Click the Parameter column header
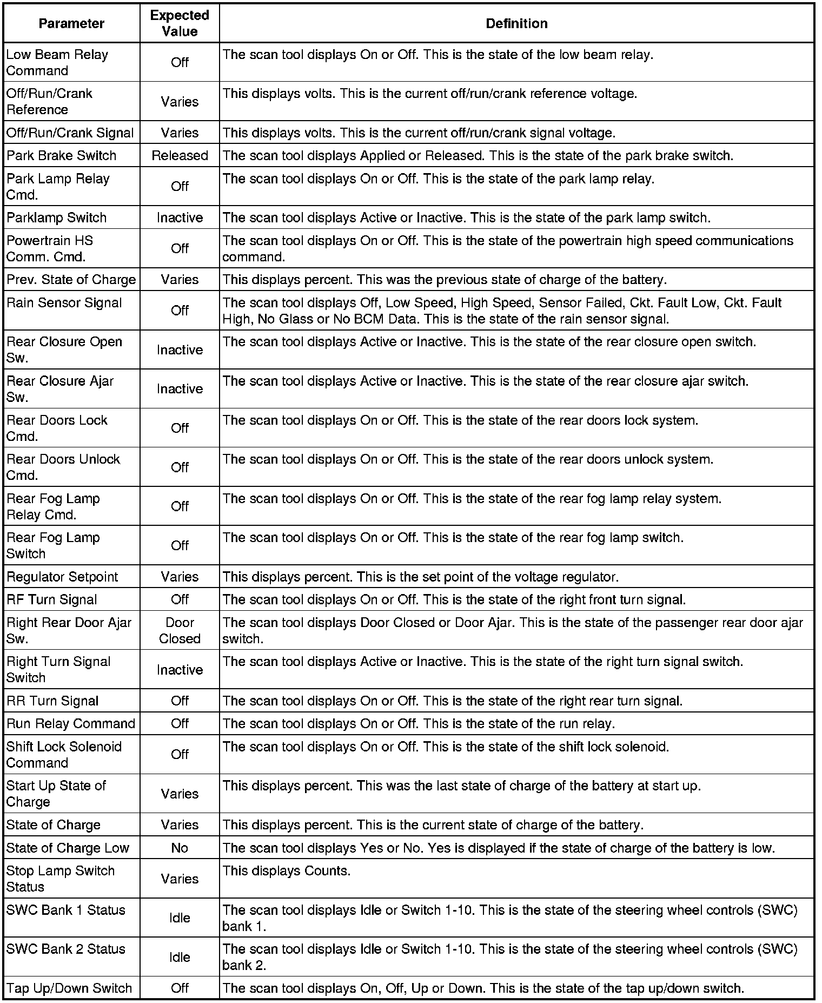point(71,23)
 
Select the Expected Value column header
point(180,23)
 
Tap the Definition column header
point(516,23)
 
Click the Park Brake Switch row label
point(62,156)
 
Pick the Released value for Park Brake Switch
point(180,156)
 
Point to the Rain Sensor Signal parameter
point(64,303)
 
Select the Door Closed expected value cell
point(180,631)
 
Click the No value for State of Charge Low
point(180,848)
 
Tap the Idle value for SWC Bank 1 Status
point(180,918)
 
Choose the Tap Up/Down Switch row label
point(69,988)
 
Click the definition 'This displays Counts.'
point(287,871)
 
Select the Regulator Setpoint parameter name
point(62,577)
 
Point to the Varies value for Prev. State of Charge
point(180,280)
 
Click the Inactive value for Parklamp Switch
point(180,217)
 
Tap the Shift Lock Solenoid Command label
point(64,755)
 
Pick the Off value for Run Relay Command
point(180,723)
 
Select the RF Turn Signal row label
point(52,599)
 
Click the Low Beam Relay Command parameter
point(57,63)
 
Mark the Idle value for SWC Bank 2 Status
point(180,957)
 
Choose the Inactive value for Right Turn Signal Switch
point(180,670)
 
